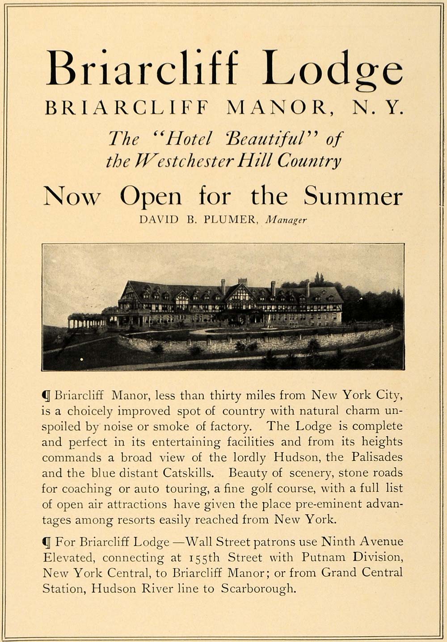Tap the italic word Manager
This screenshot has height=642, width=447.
pos(286,220)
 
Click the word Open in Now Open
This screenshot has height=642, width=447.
pos(151,197)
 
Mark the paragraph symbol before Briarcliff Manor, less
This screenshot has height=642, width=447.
pos(46,396)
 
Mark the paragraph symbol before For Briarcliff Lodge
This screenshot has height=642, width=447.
pos(46,542)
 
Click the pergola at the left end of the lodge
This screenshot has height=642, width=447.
pos(85,320)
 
